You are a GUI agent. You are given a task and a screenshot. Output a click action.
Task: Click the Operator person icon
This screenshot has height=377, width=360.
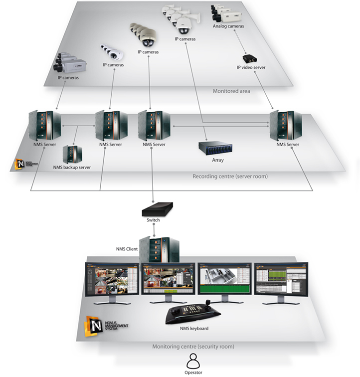click(192, 360)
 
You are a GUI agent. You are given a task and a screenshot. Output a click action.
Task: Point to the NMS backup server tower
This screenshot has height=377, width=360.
click(72, 154)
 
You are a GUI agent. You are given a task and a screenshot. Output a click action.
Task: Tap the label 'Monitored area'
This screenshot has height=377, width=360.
click(230, 91)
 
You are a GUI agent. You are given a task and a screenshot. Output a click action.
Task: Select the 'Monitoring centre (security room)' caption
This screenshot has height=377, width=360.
click(193, 346)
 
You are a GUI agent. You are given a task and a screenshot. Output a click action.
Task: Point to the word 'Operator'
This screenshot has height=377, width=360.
click(192, 372)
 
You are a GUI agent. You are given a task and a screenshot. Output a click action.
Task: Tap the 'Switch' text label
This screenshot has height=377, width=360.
click(154, 220)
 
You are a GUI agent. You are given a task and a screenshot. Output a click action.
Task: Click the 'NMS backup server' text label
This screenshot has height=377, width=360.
click(72, 168)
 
